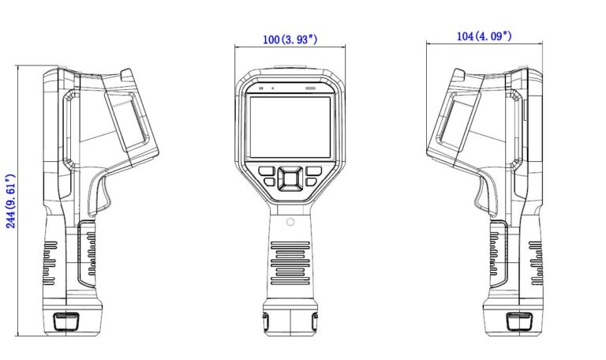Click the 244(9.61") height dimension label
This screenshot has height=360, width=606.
pyautogui.click(x=10, y=201)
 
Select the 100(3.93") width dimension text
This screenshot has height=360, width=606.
pyautogui.click(x=290, y=39)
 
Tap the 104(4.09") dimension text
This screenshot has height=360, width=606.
pyautogui.click(x=484, y=36)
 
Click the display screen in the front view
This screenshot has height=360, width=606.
pyautogui.click(x=290, y=127)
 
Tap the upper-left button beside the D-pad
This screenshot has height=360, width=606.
pyautogui.click(x=266, y=171)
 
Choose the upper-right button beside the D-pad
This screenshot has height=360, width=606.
pyautogui.click(x=313, y=171)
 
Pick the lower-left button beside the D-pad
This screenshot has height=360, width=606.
pyautogui.click(x=269, y=182)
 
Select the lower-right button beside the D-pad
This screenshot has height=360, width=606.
pyautogui.click(x=311, y=182)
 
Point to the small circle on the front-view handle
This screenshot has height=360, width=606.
pyautogui.click(x=290, y=222)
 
